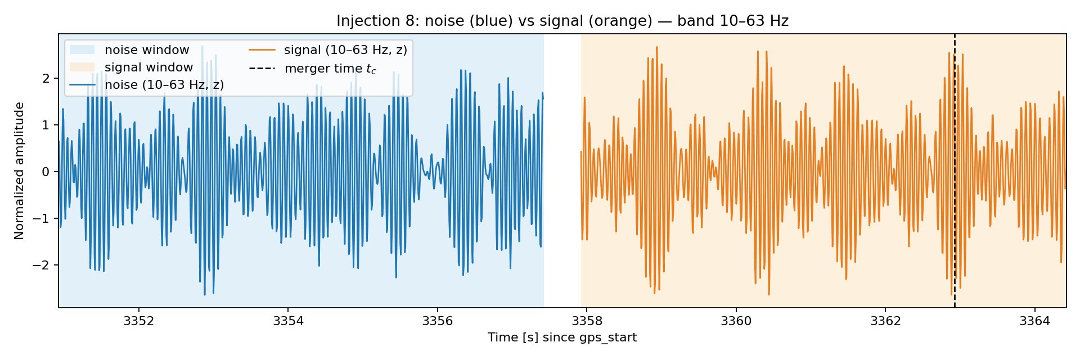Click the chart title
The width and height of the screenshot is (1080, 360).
[562, 21]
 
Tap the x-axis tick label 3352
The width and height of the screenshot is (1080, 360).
[138, 321]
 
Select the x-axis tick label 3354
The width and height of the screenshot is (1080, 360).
[288, 321]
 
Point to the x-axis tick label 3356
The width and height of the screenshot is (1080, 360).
[437, 321]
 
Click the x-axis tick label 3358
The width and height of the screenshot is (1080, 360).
[587, 321]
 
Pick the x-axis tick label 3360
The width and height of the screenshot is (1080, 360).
[736, 321]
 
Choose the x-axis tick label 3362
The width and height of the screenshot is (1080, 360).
[885, 321]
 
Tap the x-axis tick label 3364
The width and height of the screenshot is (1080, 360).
[1034, 321]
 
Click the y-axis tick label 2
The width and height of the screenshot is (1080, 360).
[46, 78]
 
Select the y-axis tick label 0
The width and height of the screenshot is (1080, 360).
[46, 172]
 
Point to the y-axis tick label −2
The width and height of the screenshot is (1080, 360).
[42, 265]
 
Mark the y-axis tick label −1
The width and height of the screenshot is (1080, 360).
[42, 218]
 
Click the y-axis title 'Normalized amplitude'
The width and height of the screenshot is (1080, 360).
[20, 171]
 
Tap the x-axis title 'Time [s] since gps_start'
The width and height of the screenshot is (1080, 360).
[562, 337]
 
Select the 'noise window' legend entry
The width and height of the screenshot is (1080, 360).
[129, 50]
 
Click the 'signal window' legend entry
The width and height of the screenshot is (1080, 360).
[131, 67]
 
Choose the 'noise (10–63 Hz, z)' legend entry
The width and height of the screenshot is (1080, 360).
[147, 85]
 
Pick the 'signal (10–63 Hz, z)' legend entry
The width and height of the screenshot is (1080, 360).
[328, 50]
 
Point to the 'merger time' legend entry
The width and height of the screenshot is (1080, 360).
[313, 69]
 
